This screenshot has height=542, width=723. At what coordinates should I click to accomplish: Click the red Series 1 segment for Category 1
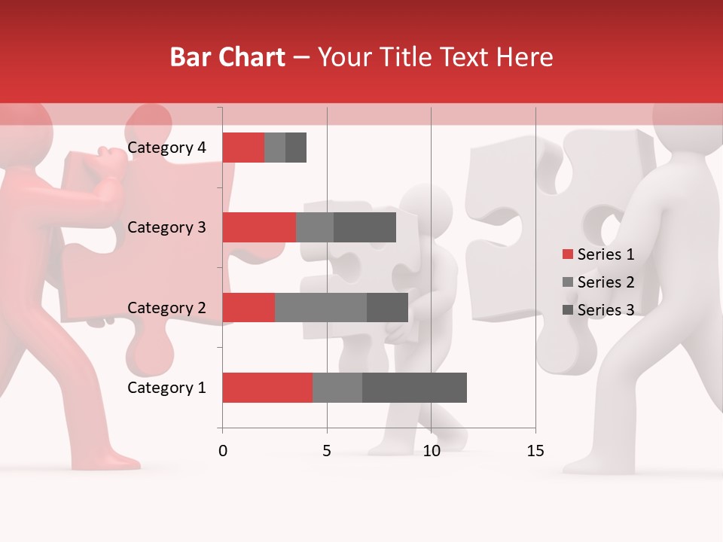point(267,388)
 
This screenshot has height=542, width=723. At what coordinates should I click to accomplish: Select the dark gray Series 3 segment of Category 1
point(414,388)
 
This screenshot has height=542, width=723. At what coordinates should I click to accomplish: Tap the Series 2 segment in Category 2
point(321,307)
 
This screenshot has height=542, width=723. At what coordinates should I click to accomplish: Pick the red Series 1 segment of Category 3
point(258,227)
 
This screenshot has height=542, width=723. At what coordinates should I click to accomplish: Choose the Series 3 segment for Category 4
point(296,148)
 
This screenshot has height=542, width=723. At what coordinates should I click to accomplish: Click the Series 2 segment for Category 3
point(315,227)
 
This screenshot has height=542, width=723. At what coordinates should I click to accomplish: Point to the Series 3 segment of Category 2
point(387,307)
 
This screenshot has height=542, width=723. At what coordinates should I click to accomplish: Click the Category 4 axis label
point(166,148)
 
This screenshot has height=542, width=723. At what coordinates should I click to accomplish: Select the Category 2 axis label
point(166,307)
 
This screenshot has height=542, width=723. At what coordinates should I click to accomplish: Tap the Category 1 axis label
point(166,388)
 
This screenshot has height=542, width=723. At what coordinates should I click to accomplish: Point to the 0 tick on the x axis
point(223,451)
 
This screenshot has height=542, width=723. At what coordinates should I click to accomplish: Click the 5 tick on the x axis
point(327,451)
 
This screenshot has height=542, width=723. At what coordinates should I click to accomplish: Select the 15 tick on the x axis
point(535,451)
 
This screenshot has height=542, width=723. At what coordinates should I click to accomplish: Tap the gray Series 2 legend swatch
point(568,282)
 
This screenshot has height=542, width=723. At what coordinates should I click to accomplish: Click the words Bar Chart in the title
point(227,57)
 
